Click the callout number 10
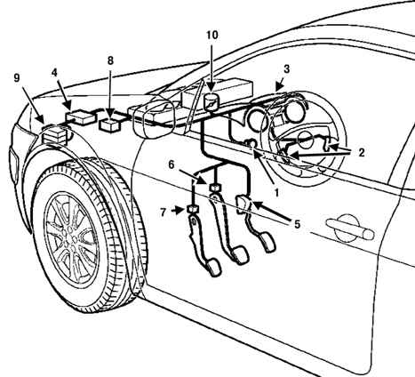212,35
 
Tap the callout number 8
110,60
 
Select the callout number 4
54,73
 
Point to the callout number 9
17,77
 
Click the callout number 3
286,69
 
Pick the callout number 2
361,153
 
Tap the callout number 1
276,193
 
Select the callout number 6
172,164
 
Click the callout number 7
163,213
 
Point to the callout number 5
297,224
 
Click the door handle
350,229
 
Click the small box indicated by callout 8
110,124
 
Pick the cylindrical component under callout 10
211,102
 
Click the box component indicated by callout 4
81,116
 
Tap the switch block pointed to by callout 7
192,210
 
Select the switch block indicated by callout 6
215,188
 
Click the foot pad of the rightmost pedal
268,242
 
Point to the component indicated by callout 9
54,134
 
